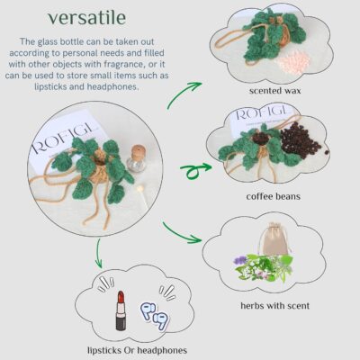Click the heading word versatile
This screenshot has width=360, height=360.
[x=87, y=18]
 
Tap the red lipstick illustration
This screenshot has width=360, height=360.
[x=121, y=310]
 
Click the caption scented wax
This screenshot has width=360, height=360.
[x=274, y=91]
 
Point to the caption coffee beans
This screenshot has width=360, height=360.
[x=274, y=196]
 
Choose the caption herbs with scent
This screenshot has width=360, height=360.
[x=275, y=306]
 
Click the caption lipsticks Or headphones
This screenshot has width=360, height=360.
[x=137, y=350]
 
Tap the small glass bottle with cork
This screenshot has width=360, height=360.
[x=137, y=158]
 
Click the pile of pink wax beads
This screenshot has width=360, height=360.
[x=290, y=61]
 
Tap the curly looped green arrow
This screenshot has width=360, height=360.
[x=195, y=170]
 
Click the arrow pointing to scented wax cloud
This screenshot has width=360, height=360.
[x=184, y=94]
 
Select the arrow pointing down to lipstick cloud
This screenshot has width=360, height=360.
[x=98, y=253]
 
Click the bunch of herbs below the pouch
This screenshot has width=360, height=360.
[x=263, y=267]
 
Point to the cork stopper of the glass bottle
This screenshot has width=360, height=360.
[x=139, y=151]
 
